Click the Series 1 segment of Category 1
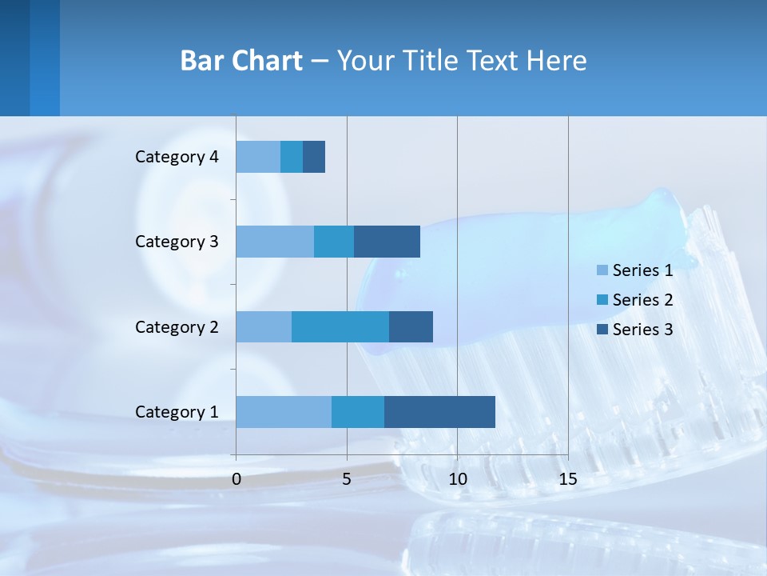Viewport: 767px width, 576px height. point(284,412)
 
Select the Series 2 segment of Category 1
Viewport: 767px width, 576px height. point(358,412)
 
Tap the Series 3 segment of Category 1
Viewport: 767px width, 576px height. point(439,412)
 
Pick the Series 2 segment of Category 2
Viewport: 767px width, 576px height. point(340,326)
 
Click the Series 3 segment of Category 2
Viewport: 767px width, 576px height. point(411,326)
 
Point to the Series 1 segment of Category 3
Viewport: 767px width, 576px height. point(275,242)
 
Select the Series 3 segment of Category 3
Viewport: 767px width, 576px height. point(387,242)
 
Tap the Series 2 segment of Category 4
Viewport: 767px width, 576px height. point(292,157)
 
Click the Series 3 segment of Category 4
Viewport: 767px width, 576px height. point(314,157)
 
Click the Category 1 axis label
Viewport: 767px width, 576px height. point(177,412)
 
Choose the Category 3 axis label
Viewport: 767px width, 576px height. point(177,242)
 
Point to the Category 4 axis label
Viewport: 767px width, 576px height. point(177,157)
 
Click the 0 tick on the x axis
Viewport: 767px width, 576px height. point(236,479)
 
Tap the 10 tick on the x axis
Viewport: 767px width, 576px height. point(457,479)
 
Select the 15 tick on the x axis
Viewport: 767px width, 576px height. point(567,479)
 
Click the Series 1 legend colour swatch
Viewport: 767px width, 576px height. point(602,270)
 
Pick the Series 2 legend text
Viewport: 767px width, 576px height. point(642,300)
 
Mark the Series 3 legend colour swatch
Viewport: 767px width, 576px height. point(602,329)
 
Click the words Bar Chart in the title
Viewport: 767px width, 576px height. point(241,61)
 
